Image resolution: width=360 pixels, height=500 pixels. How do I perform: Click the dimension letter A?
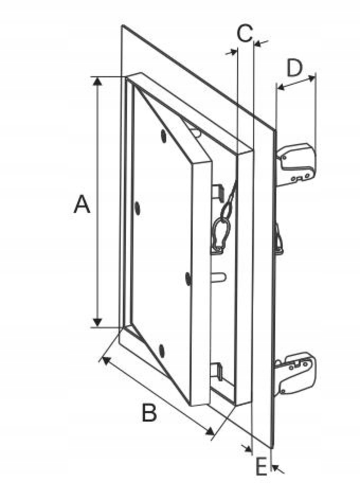point(82,204)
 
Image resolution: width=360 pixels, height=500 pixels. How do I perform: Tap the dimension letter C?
point(245,33)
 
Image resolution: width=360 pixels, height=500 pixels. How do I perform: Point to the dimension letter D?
point(294,68)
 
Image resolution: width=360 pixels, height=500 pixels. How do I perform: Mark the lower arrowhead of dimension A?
point(97,323)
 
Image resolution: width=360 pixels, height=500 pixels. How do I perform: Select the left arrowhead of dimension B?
point(106,359)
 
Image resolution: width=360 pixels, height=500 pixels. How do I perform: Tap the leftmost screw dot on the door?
point(138,209)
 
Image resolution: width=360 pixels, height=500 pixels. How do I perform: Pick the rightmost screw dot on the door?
point(189,279)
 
